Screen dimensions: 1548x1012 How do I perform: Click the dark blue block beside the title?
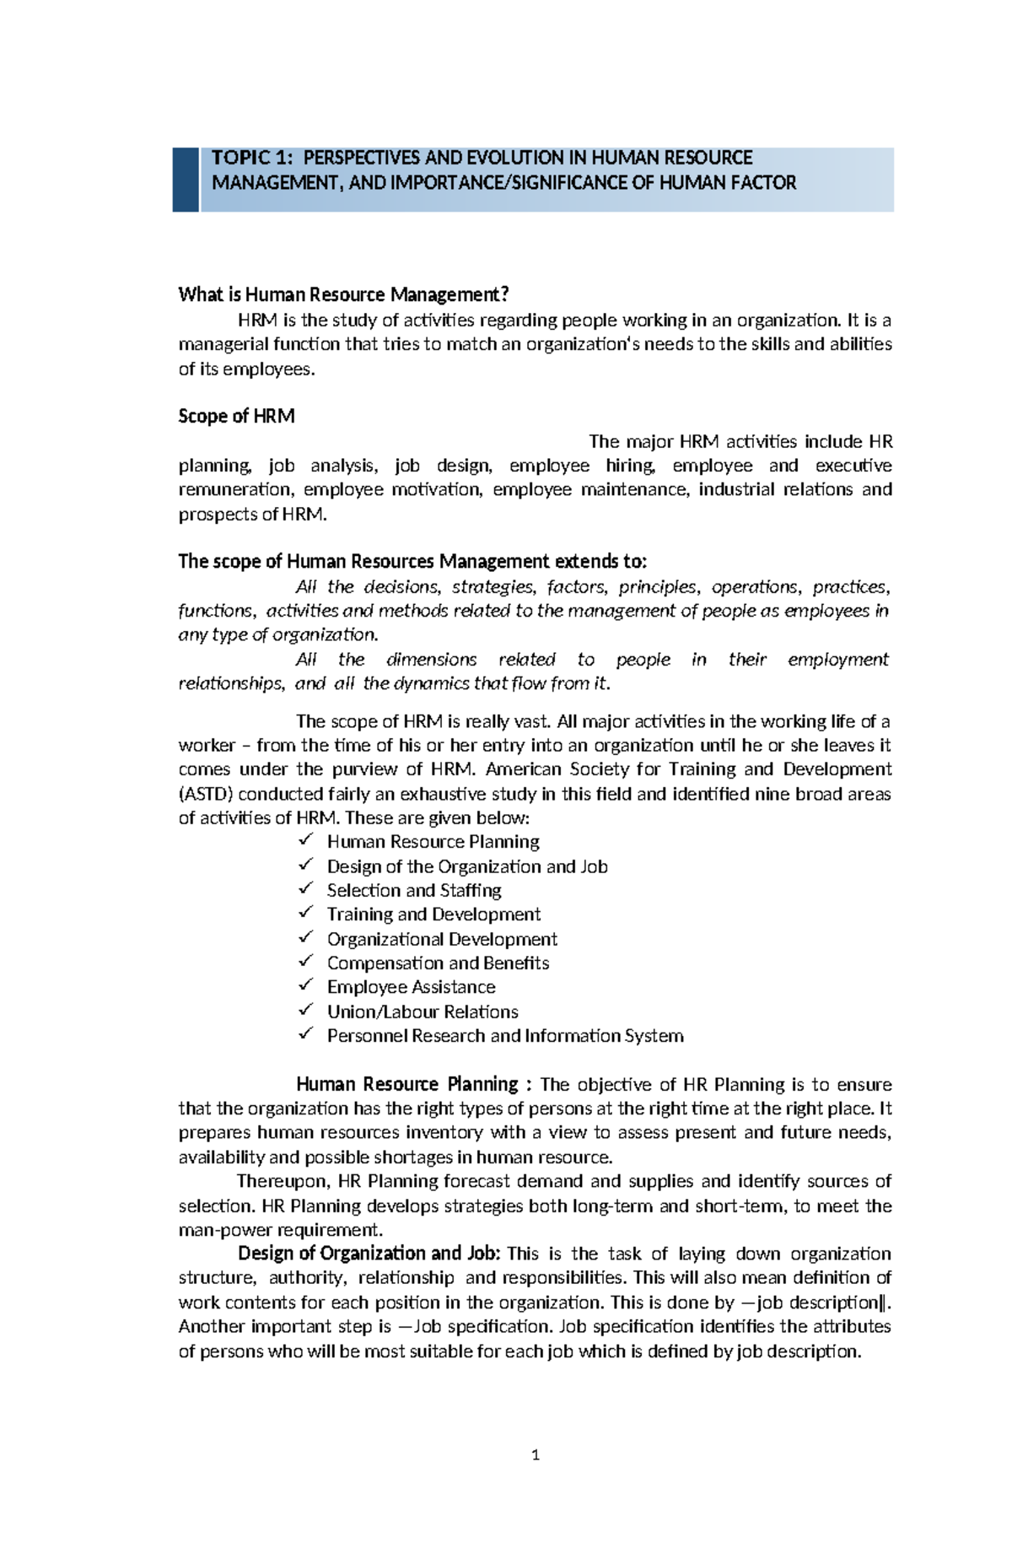pyautogui.click(x=186, y=180)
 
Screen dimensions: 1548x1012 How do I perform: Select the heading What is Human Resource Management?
pyautogui.click(x=343, y=294)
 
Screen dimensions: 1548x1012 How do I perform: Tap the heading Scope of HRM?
pyautogui.click(x=236, y=416)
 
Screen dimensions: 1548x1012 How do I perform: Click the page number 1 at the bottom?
pyautogui.click(x=536, y=1454)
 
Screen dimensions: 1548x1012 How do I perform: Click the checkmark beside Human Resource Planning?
pyautogui.click(x=306, y=840)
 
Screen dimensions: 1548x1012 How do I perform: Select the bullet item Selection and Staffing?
pyautogui.click(x=414, y=890)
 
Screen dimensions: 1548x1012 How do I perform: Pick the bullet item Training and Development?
pyautogui.click(x=433, y=914)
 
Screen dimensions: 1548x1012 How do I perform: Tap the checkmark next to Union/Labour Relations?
pyautogui.click(x=306, y=1010)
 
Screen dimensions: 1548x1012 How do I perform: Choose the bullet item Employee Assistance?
pyautogui.click(x=411, y=987)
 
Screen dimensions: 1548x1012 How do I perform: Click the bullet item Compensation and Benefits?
pyautogui.click(x=438, y=963)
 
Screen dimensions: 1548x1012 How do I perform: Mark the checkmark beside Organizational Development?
pyautogui.click(x=306, y=937)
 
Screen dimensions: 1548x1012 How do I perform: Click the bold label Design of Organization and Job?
pyautogui.click(x=369, y=1254)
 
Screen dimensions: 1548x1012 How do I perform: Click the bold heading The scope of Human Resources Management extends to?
pyautogui.click(x=412, y=562)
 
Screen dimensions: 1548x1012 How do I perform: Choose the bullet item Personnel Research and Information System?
pyautogui.click(x=505, y=1036)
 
